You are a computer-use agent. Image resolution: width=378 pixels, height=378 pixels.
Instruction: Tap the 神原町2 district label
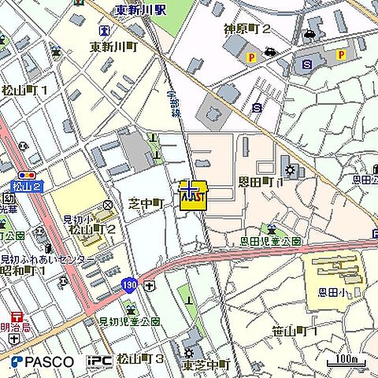246,29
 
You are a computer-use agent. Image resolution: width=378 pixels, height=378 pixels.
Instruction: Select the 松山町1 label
24,90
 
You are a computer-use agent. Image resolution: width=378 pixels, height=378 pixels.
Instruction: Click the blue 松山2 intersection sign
26,186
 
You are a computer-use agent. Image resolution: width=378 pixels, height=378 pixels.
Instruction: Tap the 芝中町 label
145,203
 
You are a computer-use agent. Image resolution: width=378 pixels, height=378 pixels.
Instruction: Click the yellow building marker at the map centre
193,195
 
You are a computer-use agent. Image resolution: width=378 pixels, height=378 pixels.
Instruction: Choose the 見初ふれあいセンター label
47,259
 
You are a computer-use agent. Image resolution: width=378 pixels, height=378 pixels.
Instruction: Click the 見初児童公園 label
129,321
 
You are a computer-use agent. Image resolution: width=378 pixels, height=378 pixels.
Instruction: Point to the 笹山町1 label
293,331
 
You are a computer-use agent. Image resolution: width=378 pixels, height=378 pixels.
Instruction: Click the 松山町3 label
139,359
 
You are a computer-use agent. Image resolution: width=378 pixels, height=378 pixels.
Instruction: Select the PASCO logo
43,362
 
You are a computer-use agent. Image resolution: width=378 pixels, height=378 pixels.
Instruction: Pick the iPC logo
99,361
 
